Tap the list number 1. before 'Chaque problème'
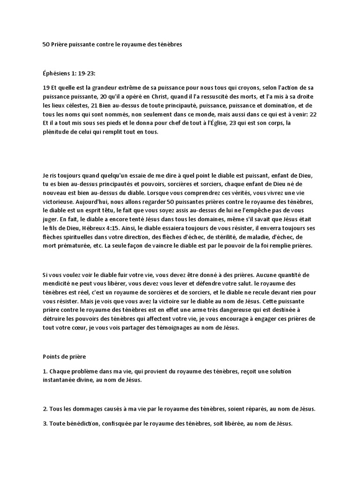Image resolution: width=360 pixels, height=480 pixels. click(45, 372)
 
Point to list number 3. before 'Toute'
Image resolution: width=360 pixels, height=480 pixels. click(45, 424)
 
